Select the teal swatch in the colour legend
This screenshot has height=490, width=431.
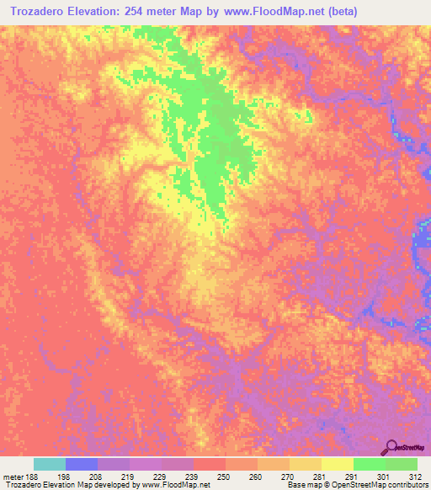point(50,464)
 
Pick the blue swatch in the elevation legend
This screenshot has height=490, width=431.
point(82,464)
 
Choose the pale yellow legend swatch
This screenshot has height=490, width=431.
point(337,464)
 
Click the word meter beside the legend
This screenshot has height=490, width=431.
point(12,476)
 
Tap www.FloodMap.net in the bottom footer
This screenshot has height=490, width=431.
point(178,485)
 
